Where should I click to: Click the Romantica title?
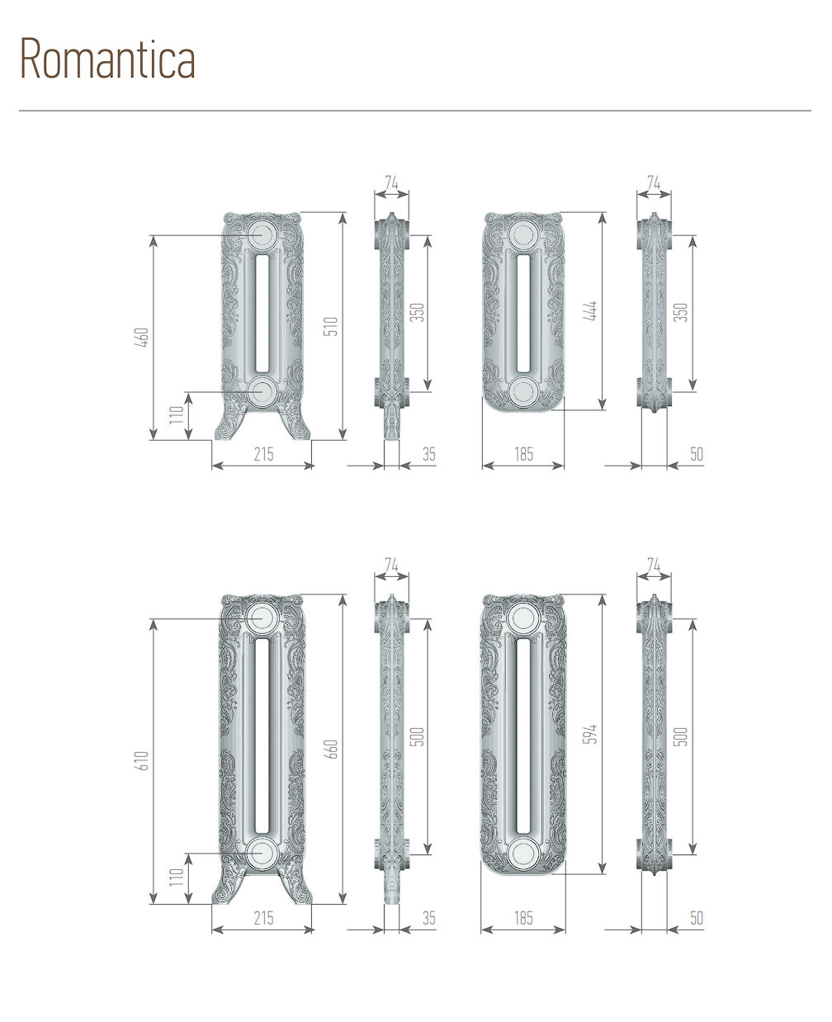tap(107, 59)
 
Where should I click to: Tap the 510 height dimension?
tap(332, 326)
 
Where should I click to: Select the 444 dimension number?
tap(593, 311)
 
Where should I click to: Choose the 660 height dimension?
tap(332, 749)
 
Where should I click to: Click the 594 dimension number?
tap(593, 734)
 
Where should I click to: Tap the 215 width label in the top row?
tap(263, 454)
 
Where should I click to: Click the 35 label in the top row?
tap(429, 454)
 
